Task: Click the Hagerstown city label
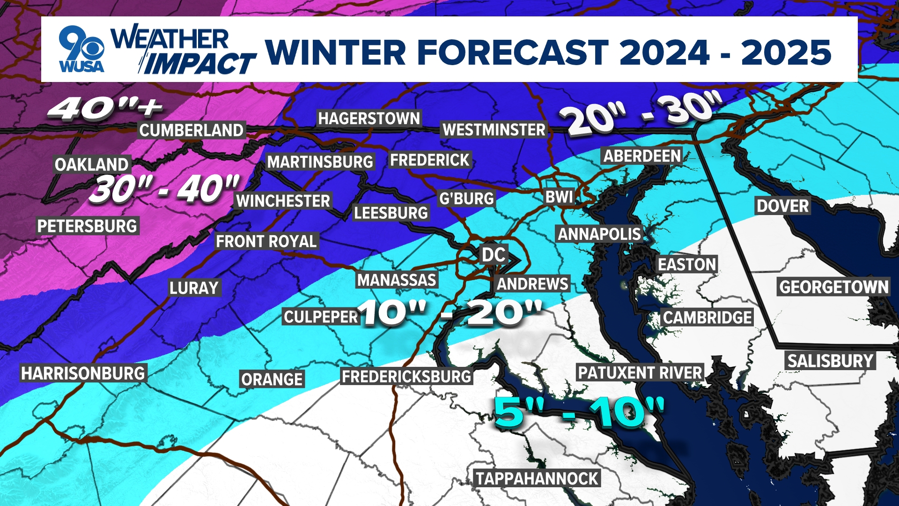369,119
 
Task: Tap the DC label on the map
494,255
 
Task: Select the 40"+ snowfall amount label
105,109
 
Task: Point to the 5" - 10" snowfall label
579,412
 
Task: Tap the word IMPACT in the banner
199,64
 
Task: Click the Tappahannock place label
537,478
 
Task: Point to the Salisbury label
830,361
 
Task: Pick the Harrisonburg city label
83,373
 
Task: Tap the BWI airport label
559,197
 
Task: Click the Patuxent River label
640,373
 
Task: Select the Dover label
782,206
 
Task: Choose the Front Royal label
266,241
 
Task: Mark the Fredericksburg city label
406,376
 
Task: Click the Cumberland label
192,130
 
